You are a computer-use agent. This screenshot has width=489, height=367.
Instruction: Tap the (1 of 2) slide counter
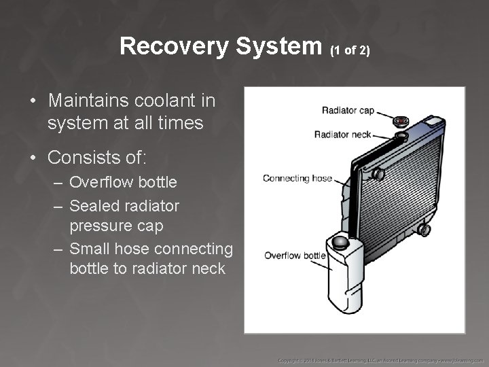click(x=350, y=50)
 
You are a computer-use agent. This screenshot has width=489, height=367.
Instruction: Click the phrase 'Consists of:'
click(x=97, y=158)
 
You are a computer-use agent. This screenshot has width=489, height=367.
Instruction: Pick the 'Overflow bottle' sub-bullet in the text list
click(x=123, y=182)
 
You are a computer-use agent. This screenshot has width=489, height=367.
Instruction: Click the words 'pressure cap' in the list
click(x=116, y=225)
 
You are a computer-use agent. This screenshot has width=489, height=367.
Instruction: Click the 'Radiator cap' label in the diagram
click(x=347, y=109)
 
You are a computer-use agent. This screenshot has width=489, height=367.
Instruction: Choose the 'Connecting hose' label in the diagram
click(x=297, y=179)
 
